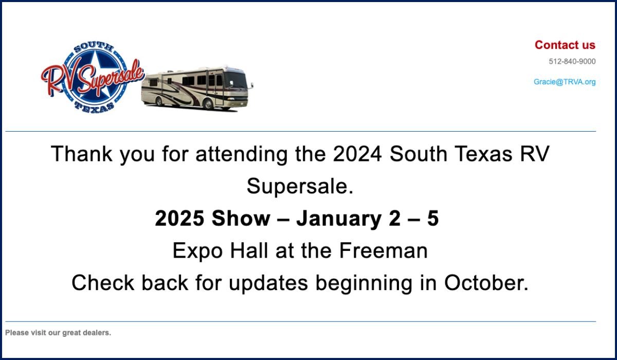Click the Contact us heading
(x=565, y=45)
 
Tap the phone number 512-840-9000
(x=572, y=61)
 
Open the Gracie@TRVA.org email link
(x=565, y=82)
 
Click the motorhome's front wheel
(x=208, y=104)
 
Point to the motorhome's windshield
(x=235, y=80)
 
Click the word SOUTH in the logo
(x=94, y=47)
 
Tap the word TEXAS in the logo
(x=95, y=107)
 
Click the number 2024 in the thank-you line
(x=357, y=154)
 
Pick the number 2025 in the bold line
(x=179, y=219)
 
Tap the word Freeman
(x=383, y=250)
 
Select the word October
(x=486, y=283)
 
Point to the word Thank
(x=82, y=154)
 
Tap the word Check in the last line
(x=103, y=283)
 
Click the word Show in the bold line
(x=241, y=219)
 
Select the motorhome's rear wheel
(x=159, y=101)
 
